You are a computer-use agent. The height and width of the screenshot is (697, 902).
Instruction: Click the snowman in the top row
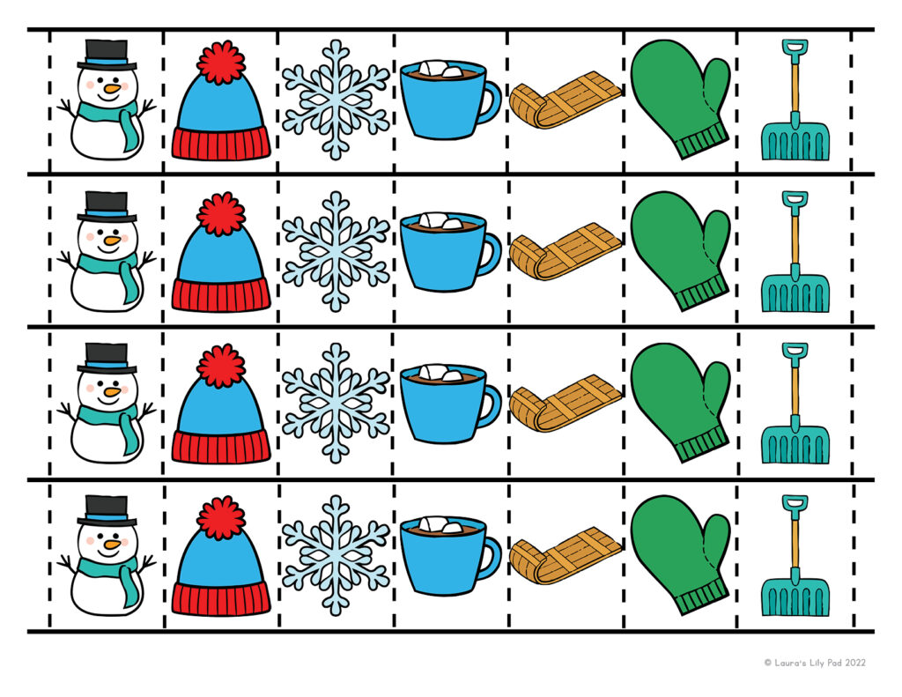pyautogui.click(x=107, y=100)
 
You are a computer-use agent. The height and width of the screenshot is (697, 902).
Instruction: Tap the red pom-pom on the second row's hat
pyautogui.click(x=221, y=214)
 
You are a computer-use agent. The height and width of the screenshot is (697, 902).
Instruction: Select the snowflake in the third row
pyautogui.click(x=336, y=403)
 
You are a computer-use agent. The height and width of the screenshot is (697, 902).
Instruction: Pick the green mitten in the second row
pyautogui.click(x=681, y=250)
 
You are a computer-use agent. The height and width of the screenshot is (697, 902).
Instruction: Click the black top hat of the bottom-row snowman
pyautogui.click(x=107, y=510)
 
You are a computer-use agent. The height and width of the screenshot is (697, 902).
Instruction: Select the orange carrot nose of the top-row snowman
pyautogui.click(x=113, y=89)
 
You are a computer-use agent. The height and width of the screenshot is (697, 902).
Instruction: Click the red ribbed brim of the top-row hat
pyautogui.click(x=221, y=144)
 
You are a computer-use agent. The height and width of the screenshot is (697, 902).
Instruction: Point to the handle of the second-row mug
pyautogui.click(x=492, y=253)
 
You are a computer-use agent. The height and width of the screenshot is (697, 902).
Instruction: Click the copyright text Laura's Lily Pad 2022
pyautogui.click(x=815, y=663)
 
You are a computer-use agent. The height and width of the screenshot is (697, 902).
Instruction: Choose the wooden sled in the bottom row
pyautogui.click(x=566, y=555)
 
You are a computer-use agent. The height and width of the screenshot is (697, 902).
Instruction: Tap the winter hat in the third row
pyautogui.click(x=221, y=404)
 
